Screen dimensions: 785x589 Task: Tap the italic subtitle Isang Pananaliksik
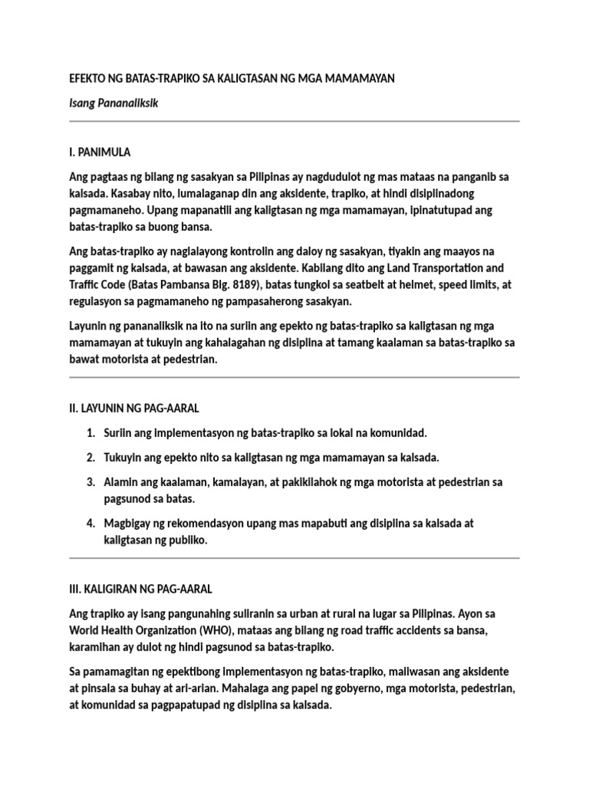pos(114,103)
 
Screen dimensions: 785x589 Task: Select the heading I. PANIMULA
pos(104,153)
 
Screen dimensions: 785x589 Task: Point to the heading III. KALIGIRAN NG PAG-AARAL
pos(140,589)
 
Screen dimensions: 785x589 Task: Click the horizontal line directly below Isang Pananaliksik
pos(294,121)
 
